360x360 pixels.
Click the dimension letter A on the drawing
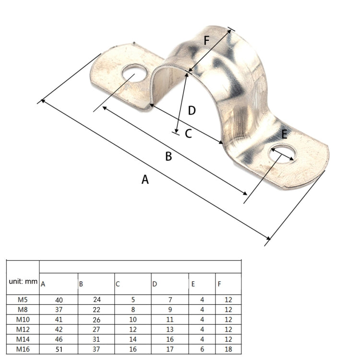(x=145, y=180)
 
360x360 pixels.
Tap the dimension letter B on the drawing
(x=168, y=156)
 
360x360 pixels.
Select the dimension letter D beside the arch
(x=192, y=110)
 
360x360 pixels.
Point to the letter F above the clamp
(x=206, y=40)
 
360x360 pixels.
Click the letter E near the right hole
(x=284, y=134)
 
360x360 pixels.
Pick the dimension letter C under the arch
(x=188, y=133)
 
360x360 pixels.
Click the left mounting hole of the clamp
(x=134, y=73)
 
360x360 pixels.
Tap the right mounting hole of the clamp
(x=282, y=154)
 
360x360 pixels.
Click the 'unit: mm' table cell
(x=23, y=281)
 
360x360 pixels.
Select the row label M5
(x=23, y=300)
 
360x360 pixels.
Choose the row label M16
(x=23, y=349)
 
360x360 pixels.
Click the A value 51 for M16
(x=59, y=349)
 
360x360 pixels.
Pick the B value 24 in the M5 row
(x=97, y=300)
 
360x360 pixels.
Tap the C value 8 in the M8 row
(x=133, y=310)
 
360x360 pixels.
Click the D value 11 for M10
(x=169, y=319)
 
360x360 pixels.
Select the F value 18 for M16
(x=228, y=349)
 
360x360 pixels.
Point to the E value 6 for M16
(x=202, y=349)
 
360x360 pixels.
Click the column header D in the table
(x=155, y=284)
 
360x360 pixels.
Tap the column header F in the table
(x=219, y=284)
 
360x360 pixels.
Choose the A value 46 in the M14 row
(x=59, y=339)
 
